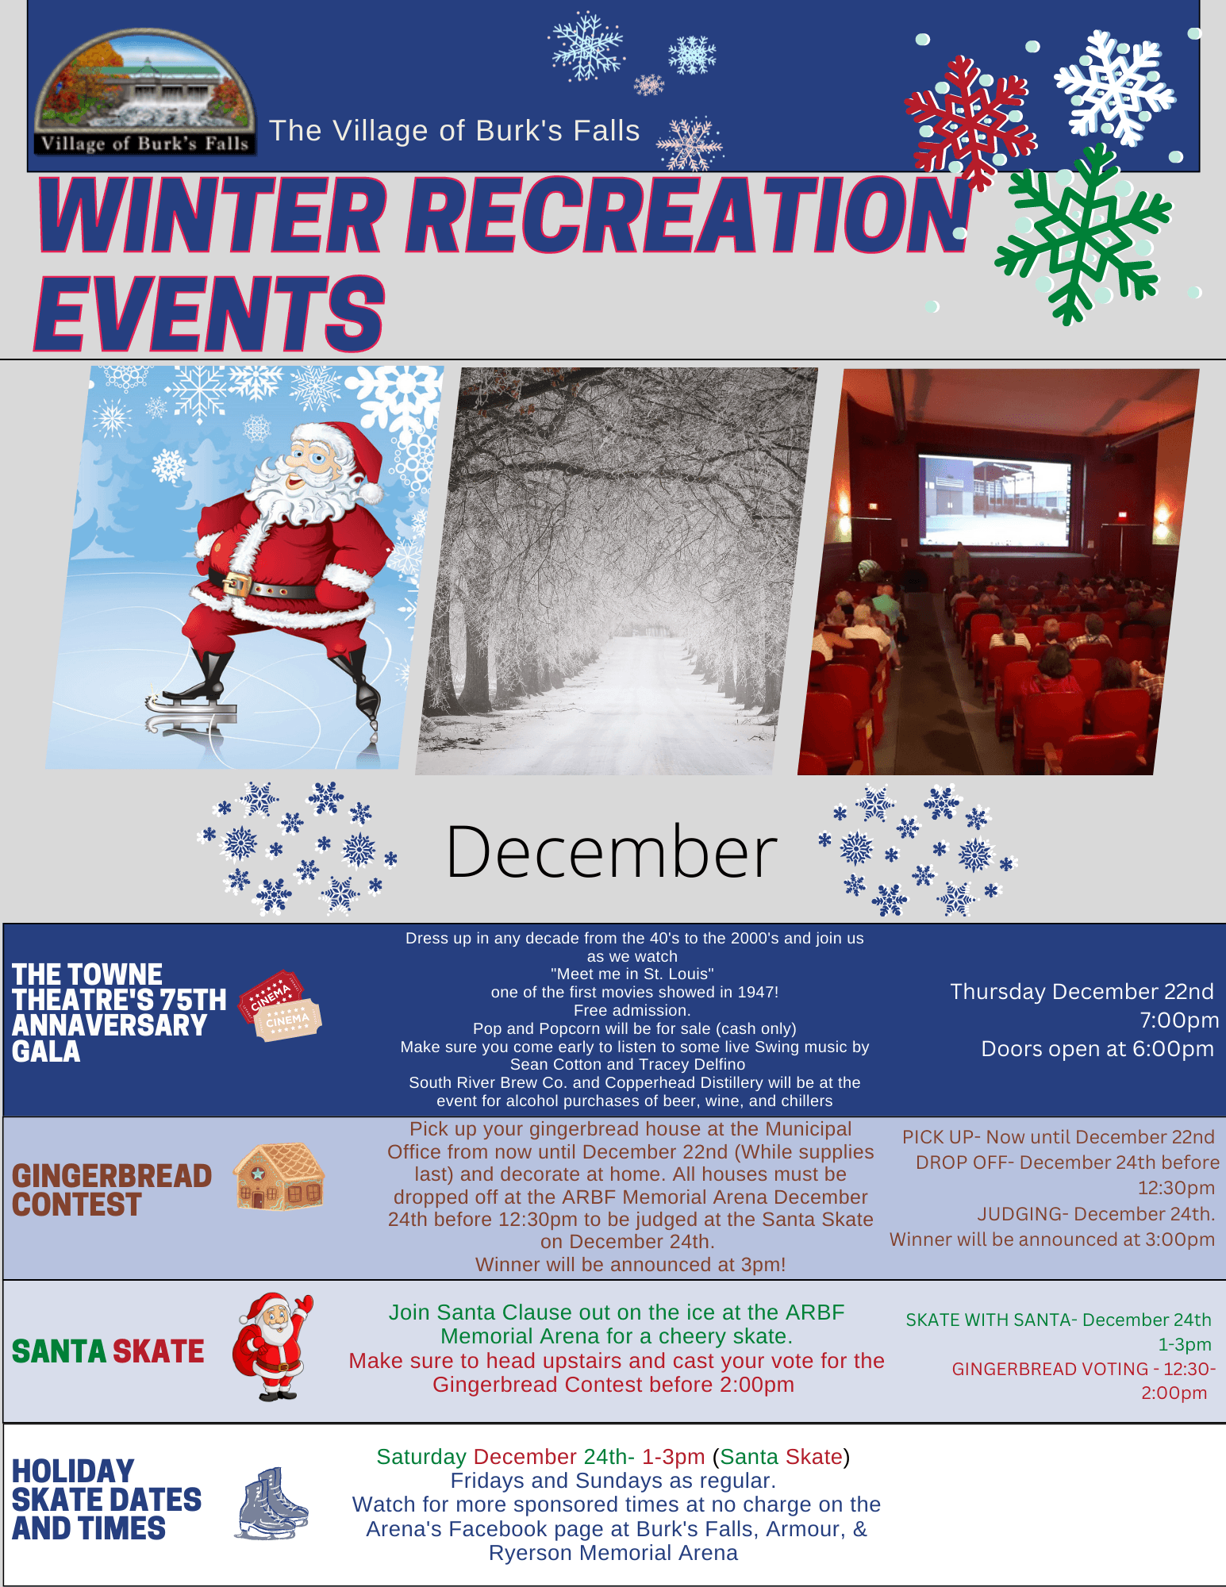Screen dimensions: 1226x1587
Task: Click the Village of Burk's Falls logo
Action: tap(145, 92)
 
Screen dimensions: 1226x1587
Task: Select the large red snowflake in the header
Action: tap(970, 122)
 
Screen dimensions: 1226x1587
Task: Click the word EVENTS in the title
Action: tap(210, 314)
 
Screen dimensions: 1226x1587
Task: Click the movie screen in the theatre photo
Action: tap(994, 500)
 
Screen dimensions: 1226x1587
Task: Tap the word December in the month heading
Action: tap(612, 852)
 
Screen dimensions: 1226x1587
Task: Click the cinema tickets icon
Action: tap(281, 1005)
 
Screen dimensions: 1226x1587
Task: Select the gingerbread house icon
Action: tap(279, 1176)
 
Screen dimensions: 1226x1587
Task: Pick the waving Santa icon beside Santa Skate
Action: tap(273, 1347)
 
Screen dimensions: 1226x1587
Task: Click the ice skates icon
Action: tap(271, 1503)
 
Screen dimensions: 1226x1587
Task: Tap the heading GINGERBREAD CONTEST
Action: tap(112, 1190)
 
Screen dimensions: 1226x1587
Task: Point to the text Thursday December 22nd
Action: tap(1082, 992)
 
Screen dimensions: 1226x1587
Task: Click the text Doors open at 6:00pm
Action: tap(1097, 1049)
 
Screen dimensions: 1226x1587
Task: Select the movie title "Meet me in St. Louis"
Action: tap(632, 974)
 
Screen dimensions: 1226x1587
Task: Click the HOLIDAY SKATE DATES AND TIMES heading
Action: tap(107, 1500)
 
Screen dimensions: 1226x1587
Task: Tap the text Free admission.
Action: tap(632, 1010)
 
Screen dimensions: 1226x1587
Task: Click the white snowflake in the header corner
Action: tap(1114, 87)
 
